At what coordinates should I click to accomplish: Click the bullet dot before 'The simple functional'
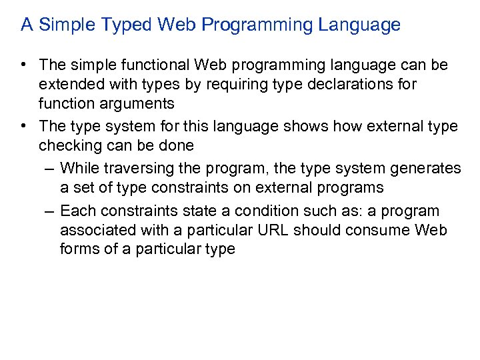tap(24, 65)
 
